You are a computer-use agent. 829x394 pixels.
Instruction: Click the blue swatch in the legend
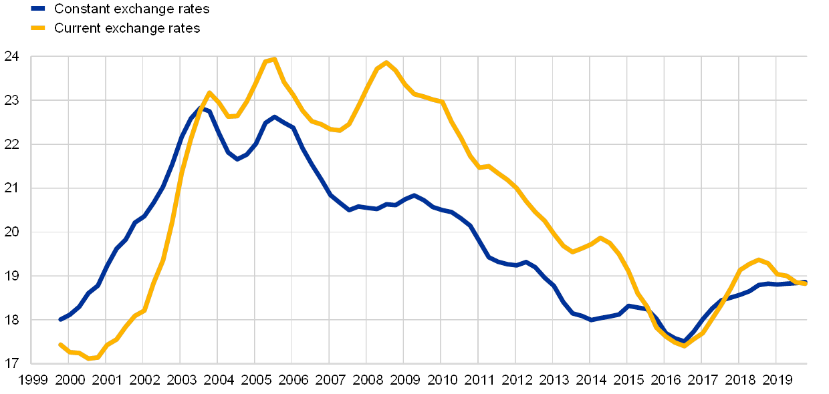point(38,9)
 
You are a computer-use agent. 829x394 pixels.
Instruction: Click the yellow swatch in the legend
point(38,28)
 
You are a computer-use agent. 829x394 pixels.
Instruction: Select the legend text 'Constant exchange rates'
point(131,9)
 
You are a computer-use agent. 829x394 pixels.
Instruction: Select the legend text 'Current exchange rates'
point(126,28)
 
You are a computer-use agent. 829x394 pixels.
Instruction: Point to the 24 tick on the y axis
point(11,57)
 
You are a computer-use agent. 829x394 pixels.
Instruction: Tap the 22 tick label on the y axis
point(11,144)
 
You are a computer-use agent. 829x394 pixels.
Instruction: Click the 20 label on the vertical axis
point(11,232)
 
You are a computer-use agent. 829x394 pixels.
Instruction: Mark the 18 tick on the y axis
point(11,319)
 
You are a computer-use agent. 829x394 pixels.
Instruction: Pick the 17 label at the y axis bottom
point(11,363)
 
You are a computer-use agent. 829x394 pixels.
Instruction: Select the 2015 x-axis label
point(629,380)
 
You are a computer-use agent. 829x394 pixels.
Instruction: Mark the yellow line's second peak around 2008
point(386,63)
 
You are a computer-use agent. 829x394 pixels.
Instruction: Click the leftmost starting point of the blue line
point(60,320)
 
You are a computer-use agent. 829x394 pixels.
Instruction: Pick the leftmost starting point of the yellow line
point(60,344)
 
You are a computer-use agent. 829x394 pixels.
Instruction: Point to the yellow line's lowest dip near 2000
point(90,359)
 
